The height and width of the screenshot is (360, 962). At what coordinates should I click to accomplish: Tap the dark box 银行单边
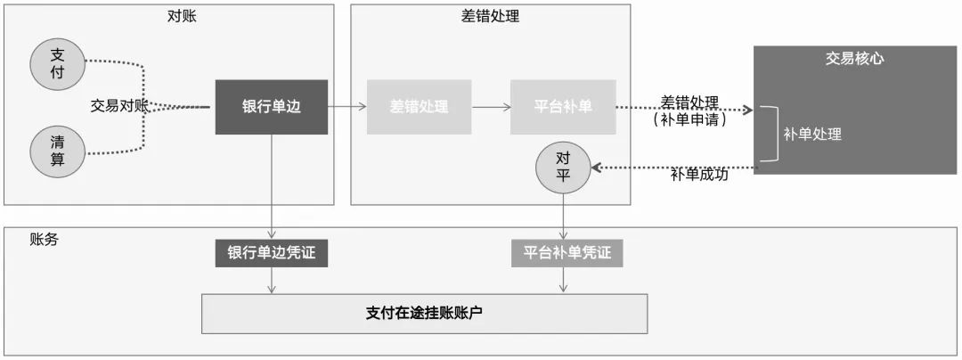tap(272, 107)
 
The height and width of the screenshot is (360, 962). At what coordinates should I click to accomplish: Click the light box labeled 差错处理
tap(419, 107)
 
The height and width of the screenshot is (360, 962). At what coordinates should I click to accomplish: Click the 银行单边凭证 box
tap(271, 253)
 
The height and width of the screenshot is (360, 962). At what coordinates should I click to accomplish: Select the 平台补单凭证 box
tap(567, 253)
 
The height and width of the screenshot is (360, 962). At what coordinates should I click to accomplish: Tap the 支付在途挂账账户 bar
tap(424, 313)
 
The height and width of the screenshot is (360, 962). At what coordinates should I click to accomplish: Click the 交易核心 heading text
tap(853, 59)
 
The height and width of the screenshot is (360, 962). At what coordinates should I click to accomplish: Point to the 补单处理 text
tap(812, 135)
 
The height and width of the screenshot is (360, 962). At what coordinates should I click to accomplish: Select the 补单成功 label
tap(700, 175)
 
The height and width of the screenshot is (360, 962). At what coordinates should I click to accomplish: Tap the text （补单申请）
tap(690, 119)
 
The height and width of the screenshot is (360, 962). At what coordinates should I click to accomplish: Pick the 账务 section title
tap(44, 239)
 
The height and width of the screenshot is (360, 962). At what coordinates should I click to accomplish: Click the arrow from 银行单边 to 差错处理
tap(347, 107)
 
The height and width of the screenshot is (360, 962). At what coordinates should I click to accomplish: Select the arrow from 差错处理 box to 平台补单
tap(491, 107)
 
